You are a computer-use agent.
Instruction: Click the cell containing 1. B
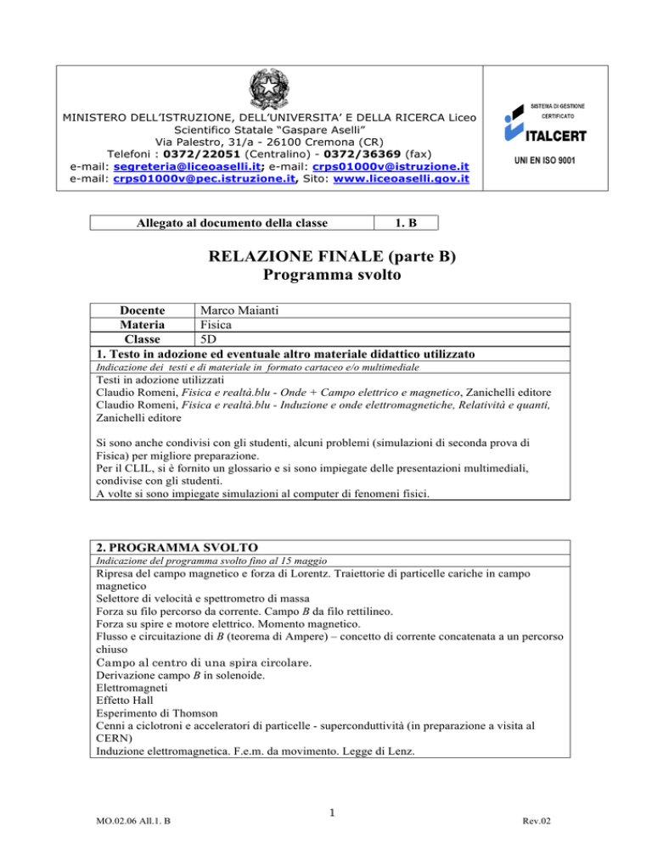tap(407, 223)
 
